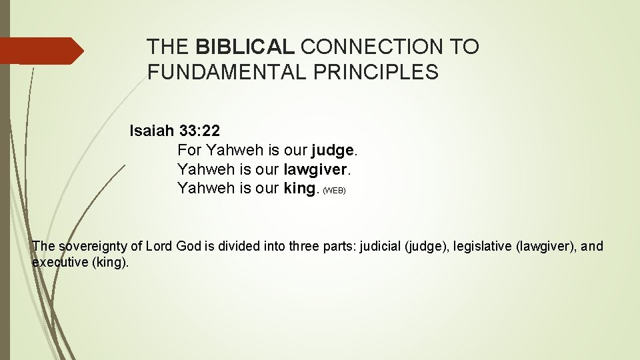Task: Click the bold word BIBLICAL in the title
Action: [245, 47]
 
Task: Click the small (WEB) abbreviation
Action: [334, 191]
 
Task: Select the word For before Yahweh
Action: [190, 150]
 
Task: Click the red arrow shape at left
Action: [40, 51]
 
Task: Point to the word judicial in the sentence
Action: [381, 247]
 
